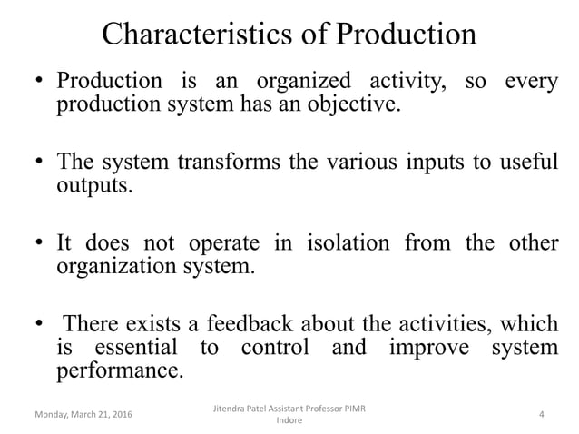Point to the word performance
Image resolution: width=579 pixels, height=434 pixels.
point(119,370)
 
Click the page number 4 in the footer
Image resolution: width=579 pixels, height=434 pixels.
point(541,416)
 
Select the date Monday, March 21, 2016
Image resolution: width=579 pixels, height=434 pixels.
point(82,416)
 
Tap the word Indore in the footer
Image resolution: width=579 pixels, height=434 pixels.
point(289,422)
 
